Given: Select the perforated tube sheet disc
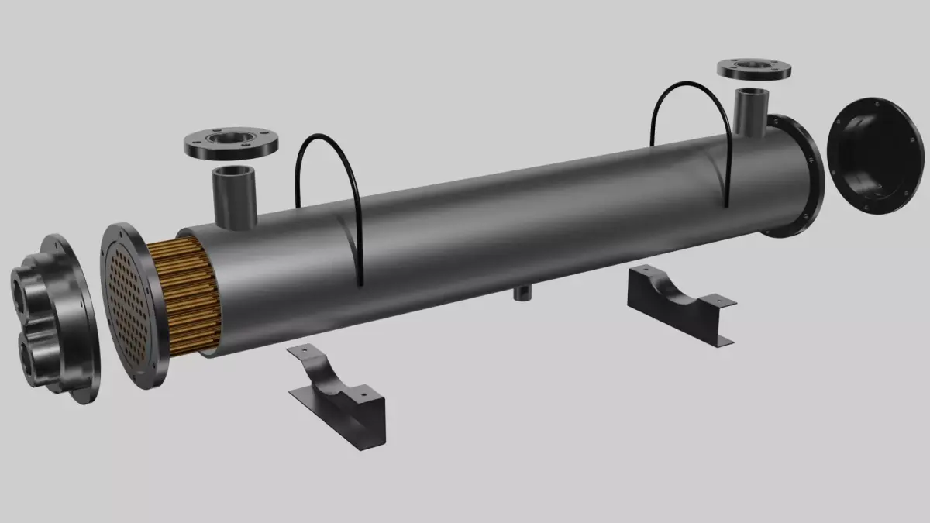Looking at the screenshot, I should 129,306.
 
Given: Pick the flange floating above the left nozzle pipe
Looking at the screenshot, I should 232,144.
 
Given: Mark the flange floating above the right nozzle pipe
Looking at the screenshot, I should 753,70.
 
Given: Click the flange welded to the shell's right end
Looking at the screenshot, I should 798,174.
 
